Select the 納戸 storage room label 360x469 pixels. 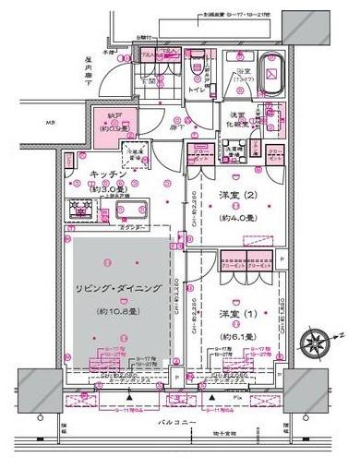[x=114, y=115]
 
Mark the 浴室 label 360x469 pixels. [x=244, y=72]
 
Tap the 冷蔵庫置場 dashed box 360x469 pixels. [x=134, y=156]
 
